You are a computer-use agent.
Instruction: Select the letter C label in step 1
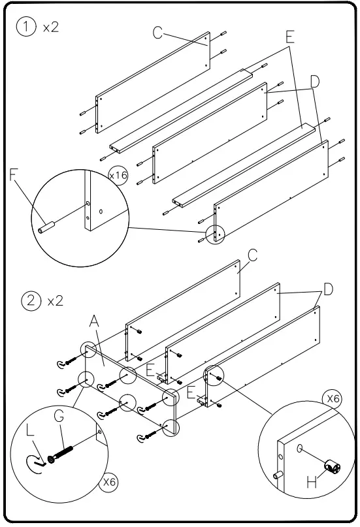tap(158, 32)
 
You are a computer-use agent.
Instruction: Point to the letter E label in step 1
tap(289, 37)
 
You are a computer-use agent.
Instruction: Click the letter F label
tap(14, 175)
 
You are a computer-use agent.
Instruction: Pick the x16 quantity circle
tap(118, 176)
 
